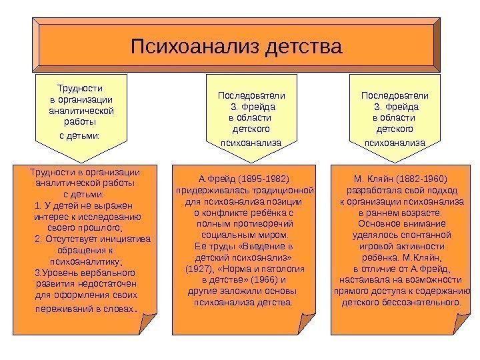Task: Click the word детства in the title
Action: (x=303, y=47)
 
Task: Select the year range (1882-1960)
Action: (x=418, y=179)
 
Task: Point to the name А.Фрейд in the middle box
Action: (x=213, y=179)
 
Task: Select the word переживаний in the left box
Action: (x=59, y=309)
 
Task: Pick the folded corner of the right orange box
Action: (x=460, y=324)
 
